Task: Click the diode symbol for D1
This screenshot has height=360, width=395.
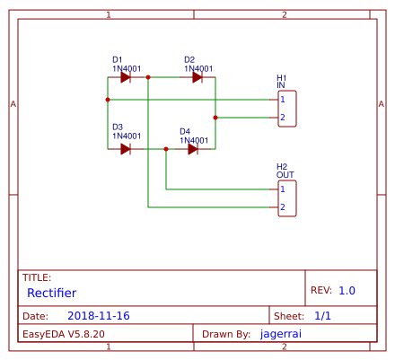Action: pos(126,77)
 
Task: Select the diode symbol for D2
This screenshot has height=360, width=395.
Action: pos(197,77)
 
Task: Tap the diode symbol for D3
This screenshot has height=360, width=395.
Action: pos(126,149)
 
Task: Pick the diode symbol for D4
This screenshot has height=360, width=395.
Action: pos(193,149)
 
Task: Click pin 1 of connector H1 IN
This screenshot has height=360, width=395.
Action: pos(282,99)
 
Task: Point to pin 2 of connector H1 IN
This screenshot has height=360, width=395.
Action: pos(282,118)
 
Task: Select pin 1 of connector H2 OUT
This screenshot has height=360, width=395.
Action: pos(282,189)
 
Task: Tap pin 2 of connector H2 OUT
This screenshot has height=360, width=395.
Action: pos(282,207)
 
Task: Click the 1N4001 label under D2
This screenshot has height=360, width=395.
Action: pos(198,68)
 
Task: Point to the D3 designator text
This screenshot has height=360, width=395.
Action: pos(118,127)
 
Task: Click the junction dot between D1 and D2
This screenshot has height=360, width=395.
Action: pos(148,77)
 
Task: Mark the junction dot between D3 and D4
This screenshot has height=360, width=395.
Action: pos(166,149)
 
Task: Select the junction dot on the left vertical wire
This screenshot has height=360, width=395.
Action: pos(108,100)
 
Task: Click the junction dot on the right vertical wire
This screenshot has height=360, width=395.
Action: pos(215,118)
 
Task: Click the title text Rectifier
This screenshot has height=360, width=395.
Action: pos(51,293)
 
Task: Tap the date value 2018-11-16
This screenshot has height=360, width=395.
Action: pos(98,316)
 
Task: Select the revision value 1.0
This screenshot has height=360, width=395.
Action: pos(347,291)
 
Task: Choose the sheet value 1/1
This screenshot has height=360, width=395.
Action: pos(323,316)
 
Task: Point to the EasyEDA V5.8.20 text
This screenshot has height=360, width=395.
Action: pos(57,334)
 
